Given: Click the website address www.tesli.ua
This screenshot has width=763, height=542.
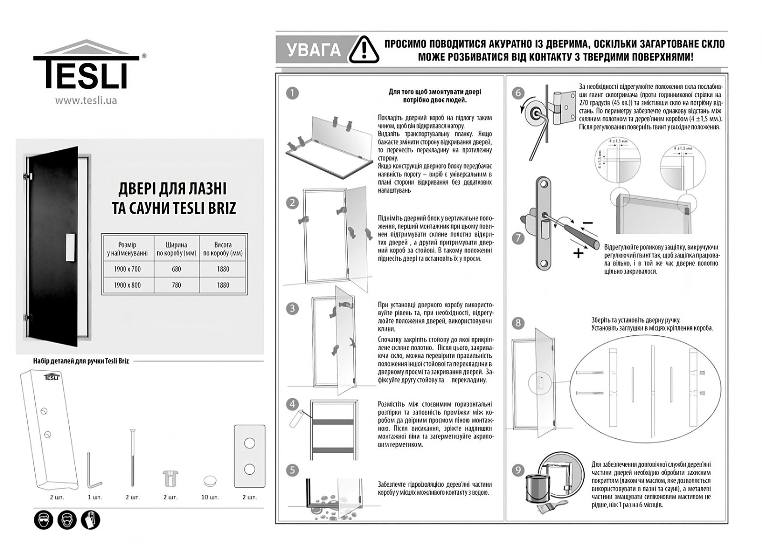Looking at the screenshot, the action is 86,101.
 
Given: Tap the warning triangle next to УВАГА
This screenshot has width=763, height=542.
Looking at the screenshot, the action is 364,50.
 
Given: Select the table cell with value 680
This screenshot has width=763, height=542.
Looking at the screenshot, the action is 176,269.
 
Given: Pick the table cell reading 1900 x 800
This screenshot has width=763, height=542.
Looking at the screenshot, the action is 127,285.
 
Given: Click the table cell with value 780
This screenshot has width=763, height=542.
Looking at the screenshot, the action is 176,285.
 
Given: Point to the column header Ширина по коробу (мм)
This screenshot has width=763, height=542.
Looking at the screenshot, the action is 176,249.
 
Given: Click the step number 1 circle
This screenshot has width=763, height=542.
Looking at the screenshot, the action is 292,93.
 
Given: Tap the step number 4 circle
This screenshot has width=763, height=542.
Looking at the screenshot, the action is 292,404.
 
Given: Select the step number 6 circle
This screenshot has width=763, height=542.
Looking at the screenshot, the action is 518,93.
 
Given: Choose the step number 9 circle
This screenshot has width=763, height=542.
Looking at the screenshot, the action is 518,470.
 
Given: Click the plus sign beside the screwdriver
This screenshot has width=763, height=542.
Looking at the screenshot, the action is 578,253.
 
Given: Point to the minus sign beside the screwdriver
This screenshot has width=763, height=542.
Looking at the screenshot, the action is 588,223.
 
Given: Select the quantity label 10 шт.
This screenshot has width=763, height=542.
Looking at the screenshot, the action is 210,497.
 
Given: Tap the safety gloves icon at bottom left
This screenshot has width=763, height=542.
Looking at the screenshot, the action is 90,520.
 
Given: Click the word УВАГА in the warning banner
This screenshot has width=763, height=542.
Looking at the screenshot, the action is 314,50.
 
